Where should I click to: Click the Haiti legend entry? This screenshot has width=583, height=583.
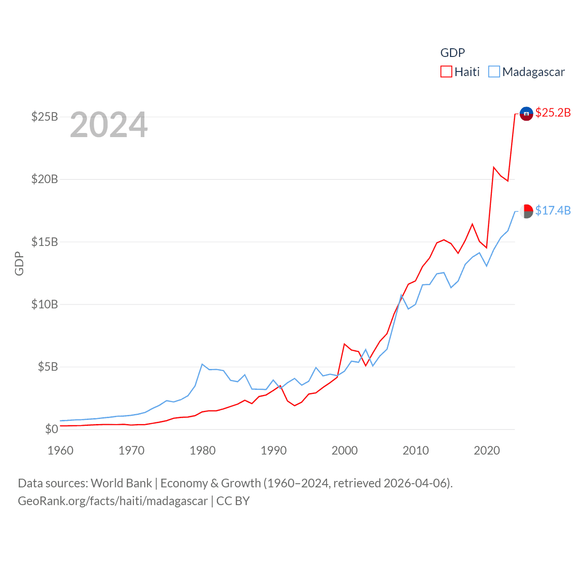(460, 72)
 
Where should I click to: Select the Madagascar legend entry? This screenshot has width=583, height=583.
(527, 72)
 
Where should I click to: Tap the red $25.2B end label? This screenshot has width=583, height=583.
(553, 113)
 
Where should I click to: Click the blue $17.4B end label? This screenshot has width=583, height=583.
(553, 210)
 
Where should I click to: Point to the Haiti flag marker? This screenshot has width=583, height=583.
(526, 113)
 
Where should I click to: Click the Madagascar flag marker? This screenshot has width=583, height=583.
(526, 211)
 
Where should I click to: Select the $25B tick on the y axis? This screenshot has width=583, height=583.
(45, 117)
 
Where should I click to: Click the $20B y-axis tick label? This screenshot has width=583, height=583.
(45, 179)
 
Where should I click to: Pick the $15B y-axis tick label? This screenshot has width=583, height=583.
(45, 242)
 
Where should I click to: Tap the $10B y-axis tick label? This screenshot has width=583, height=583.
(45, 304)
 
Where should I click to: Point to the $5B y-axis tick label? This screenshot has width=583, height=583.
(48, 367)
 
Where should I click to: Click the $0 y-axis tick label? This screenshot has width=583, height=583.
(51, 429)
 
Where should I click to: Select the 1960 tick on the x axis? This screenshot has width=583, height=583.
(61, 451)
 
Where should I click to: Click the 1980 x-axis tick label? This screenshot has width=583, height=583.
(203, 451)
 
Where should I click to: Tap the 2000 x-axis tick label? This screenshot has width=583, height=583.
(345, 451)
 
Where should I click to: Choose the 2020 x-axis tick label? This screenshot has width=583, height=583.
(487, 451)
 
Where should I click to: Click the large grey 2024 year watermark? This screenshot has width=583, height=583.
(109, 125)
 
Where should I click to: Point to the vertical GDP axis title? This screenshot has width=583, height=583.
(19, 263)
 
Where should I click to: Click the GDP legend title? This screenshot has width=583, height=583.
(452, 53)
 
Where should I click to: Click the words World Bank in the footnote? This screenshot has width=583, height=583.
(121, 483)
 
